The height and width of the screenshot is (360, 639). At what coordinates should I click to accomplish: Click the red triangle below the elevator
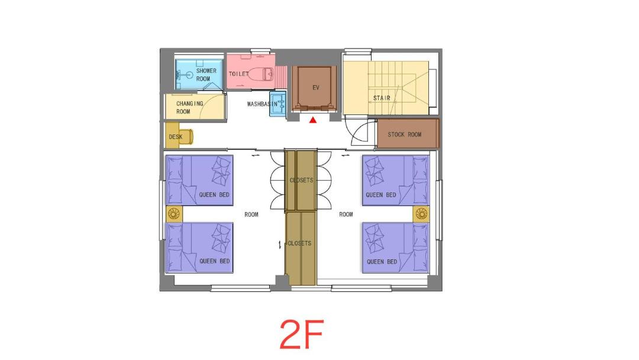point(312,120)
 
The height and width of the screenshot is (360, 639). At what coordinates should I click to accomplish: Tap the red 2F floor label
point(302,335)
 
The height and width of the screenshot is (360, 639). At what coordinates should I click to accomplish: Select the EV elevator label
point(316,88)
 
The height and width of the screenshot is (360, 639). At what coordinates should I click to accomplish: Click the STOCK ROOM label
point(404,134)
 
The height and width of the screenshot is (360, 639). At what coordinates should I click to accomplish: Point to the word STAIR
point(382,98)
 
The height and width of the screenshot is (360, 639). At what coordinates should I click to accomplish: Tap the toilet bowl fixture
point(261,74)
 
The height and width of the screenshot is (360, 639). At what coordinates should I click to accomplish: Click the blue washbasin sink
point(278,104)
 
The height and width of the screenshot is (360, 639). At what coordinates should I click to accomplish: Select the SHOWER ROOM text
point(206,75)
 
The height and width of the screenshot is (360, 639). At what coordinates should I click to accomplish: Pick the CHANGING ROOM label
point(189,107)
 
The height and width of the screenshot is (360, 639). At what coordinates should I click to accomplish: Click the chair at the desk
point(187,137)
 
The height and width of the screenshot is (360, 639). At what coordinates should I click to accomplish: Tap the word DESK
point(176,137)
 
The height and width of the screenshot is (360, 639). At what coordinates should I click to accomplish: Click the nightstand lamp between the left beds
point(174,214)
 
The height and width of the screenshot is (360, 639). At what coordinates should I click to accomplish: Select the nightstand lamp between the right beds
point(421,214)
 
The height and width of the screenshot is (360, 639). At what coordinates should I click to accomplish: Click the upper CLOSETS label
point(302,180)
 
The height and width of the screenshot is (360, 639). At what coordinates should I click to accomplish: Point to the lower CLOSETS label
point(299,243)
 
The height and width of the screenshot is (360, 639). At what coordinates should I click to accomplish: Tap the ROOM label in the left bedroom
point(251,214)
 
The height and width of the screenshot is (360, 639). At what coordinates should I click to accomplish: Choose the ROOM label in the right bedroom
point(346,214)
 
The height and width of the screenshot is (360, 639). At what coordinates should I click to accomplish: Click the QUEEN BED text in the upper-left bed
point(214,195)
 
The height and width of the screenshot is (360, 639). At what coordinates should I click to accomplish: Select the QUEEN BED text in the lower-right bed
point(382,261)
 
